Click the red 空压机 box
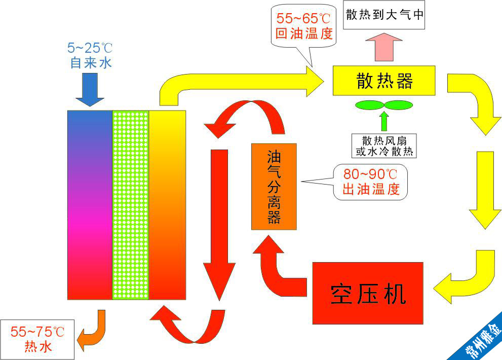[x=368, y=293]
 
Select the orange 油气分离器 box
[x=274, y=186]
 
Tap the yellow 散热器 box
[x=384, y=81]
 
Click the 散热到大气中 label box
[x=384, y=15]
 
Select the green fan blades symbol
[x=384, y=105]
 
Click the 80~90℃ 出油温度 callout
[x=371, y=182]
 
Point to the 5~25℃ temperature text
[x=90, y=49]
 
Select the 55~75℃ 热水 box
[x=37, y=339]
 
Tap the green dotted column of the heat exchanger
[x=130, y=204]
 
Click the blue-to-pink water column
[x=90, y=204]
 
